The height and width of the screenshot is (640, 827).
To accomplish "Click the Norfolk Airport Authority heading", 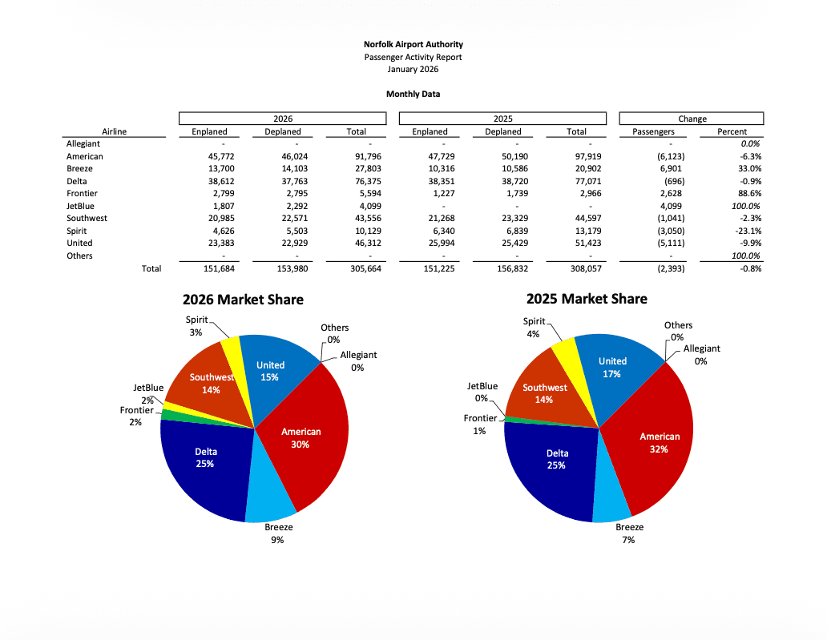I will tap(413, 45).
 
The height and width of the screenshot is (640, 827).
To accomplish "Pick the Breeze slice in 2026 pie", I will tap(270, 497).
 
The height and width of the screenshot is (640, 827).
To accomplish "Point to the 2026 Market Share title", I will tap(243, 300).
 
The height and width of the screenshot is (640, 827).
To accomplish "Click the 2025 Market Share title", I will tap(587, 299).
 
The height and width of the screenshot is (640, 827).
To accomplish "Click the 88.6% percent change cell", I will tap(748, 194).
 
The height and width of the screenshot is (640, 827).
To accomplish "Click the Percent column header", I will tap(732, 131).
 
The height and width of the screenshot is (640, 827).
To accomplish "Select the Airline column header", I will tap(114, 131).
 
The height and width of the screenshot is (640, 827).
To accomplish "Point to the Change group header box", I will tap(692, 119).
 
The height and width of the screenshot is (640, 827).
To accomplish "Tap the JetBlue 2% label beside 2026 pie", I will tap(148, 393).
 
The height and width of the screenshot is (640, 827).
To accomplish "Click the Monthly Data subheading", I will tap(413, 94).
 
